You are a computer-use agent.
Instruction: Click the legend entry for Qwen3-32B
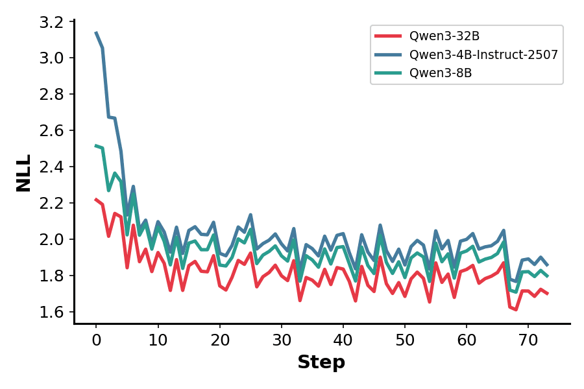pos(444,36)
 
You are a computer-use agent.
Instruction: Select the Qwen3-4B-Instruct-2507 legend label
pos(483,54)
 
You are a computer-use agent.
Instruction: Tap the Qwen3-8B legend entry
pos(440,73)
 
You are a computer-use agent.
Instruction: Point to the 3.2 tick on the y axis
pos(51,22)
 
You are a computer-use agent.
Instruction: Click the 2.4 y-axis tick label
pos(51,167)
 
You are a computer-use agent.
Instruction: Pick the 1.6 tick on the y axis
pos(51,312)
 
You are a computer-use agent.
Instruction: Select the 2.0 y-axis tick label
pos(51,239)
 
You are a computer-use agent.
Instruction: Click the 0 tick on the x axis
pos(96,339)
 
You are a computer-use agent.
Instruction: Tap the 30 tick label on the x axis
pos(281,339)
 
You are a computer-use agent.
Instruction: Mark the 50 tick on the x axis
pos(405,339)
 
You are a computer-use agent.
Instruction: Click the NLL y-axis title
pos(24,172)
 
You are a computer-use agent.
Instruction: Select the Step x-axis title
pos(321,362)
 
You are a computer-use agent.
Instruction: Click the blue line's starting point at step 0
pos(96,32)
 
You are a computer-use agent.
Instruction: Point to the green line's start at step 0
pos(96,145)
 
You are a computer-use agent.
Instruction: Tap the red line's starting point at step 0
pos(96,199)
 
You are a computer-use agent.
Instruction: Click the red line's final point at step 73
pos(547,294)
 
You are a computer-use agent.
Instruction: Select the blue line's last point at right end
pos(547,265)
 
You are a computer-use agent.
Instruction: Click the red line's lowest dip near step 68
pos(516,309)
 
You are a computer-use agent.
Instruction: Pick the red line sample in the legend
pos(389,36)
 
